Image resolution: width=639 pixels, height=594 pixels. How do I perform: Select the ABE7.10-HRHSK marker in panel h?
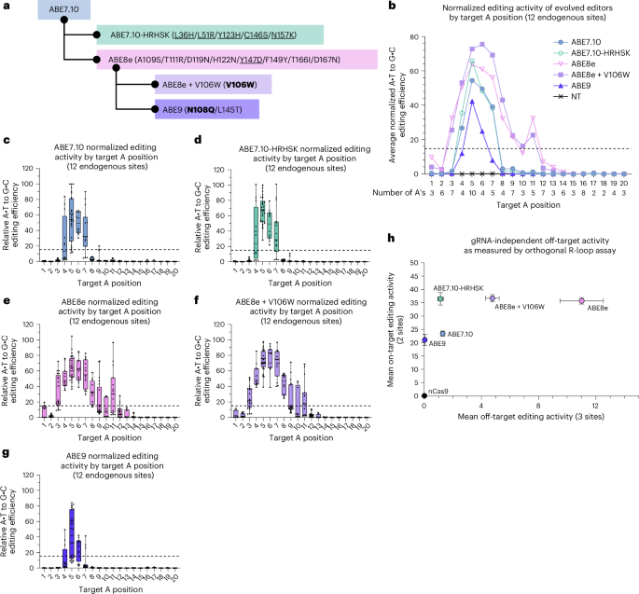(439, 298)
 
